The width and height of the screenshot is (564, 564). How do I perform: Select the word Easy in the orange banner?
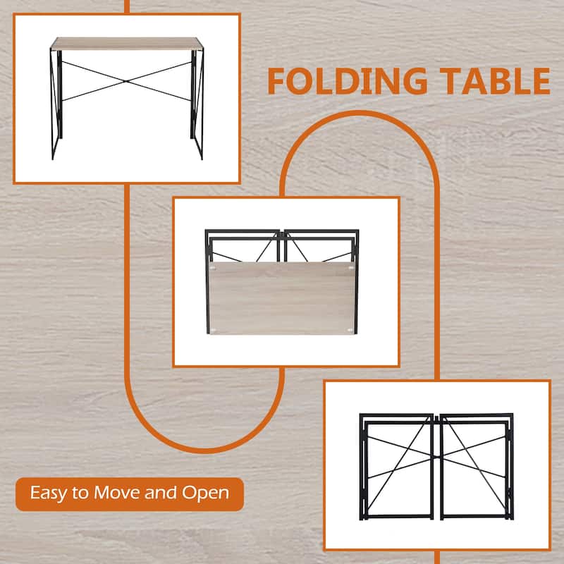click(x=47, y=492)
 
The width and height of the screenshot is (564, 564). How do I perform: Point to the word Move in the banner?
click(x=120, y=492)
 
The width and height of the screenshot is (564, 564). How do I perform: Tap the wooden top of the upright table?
click(x=127, y=42)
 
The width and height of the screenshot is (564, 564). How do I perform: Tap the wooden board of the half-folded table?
click(x=282, y=296)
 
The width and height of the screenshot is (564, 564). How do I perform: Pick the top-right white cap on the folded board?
click(x=350, y=268)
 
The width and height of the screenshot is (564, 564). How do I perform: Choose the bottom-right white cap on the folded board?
click(x=350, y=329)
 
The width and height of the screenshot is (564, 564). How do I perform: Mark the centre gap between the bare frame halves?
click(x=437, y=465)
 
